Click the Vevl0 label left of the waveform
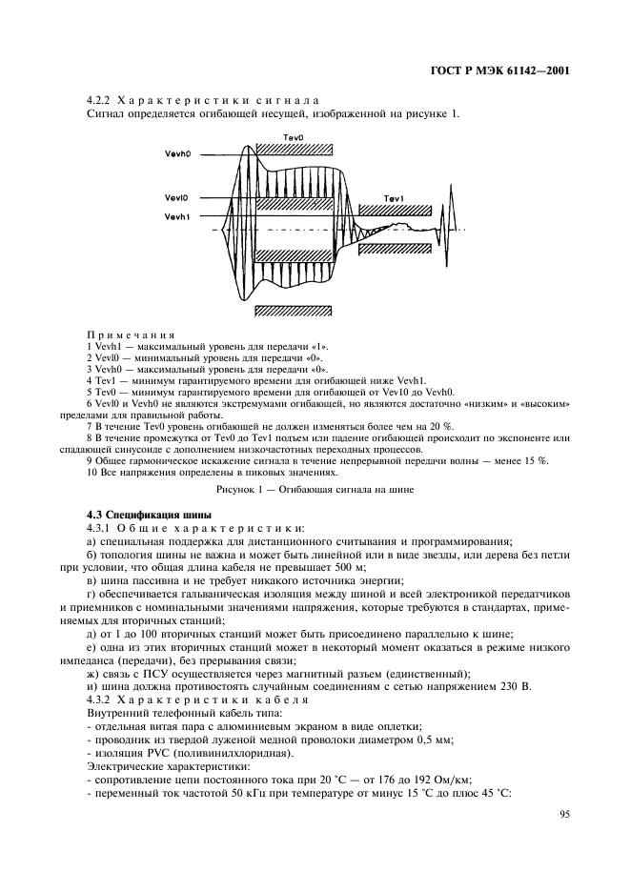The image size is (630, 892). coord(177,199)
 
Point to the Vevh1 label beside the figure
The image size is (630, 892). coord(178,217)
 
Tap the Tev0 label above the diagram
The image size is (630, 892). coord(294,138)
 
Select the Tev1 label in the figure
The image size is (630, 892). coord(395,198)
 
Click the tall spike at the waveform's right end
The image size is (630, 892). coord(447,228)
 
